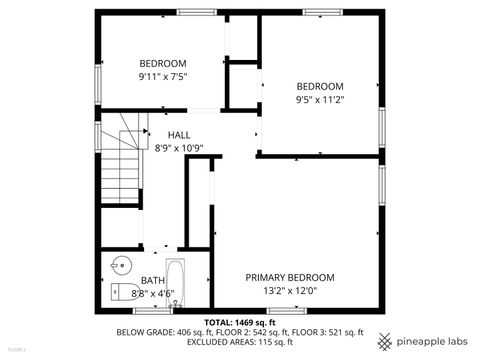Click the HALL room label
click(179, 134)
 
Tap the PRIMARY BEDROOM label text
click(290, 277)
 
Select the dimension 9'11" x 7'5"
click(163, 76)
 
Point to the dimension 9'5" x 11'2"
click(319, 100)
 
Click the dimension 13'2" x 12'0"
click(290, 291)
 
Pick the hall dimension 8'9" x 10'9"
click(179, 148)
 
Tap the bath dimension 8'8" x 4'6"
click(153, 294)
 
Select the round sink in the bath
click(119, 266)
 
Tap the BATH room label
click(153, 281)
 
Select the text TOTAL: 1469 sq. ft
click(239, 322)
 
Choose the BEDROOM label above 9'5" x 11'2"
click(319, 86)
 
